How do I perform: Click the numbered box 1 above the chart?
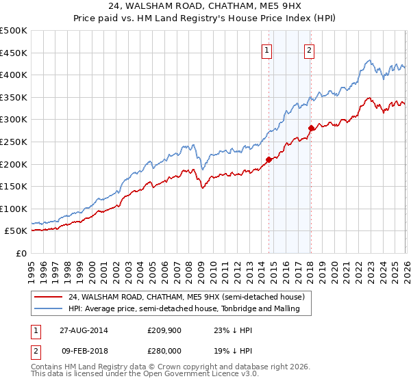pyautogui.click(x=266, y=49)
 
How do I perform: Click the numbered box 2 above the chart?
pyautogui.click(x=309, y=49)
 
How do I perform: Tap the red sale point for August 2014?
pyautogui.click(x=269, y=159)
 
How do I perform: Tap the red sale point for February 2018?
pyautogui.click(x=311, y=128)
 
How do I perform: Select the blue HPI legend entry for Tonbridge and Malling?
pyautogui.click(x=189, y=309)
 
